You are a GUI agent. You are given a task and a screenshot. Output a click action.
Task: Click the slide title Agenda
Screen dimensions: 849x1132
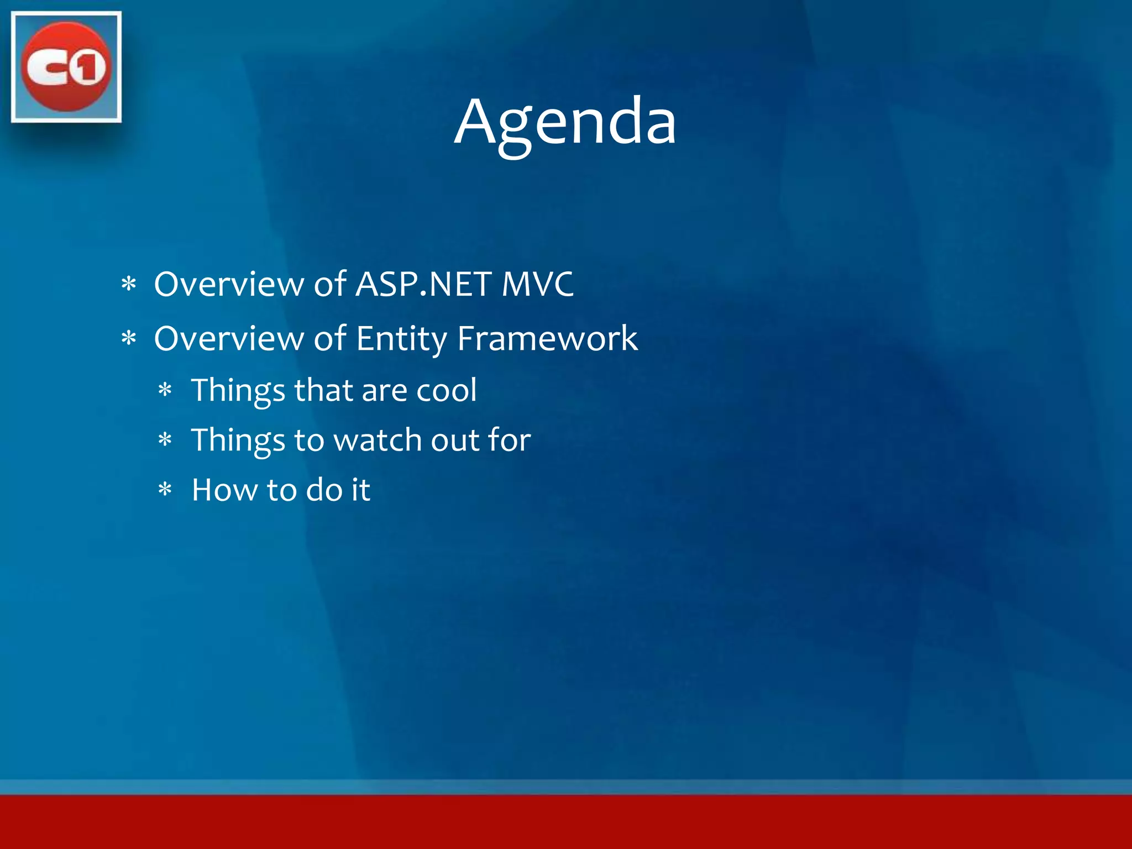(x=565, y=122)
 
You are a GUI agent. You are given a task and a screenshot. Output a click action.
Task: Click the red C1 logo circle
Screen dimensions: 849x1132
(x=66, y=67)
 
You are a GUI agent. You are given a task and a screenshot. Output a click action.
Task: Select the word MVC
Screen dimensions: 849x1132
(x=537, y=285)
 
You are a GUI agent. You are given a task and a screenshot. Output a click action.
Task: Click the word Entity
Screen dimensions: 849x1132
(x=401, y=339)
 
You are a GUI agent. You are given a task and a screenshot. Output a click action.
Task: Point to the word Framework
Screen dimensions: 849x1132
(x=547, y=339)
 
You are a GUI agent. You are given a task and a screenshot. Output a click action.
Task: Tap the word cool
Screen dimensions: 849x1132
(x=446, y=390)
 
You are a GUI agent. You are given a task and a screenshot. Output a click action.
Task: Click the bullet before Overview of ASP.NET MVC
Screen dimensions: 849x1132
(x=129, y=285)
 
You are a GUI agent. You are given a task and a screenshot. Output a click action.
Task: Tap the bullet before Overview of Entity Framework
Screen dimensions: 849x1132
(x=129, y=338)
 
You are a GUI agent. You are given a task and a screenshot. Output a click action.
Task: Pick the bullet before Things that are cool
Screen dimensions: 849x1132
(x=165, y=391)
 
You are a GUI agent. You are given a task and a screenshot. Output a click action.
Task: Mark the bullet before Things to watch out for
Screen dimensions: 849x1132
(x=165, y=441)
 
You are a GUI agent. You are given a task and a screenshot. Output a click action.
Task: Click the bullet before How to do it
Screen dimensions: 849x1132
(x=165, y=490)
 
